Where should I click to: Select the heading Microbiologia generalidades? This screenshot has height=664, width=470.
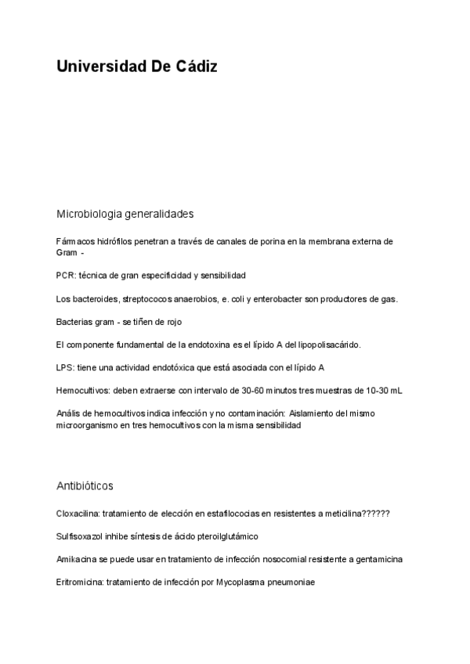pos(125,214)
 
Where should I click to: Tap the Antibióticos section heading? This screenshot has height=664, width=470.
pos(85,485)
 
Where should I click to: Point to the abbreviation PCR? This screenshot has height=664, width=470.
pos(65,276)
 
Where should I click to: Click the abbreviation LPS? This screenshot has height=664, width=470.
pos(65,367)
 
